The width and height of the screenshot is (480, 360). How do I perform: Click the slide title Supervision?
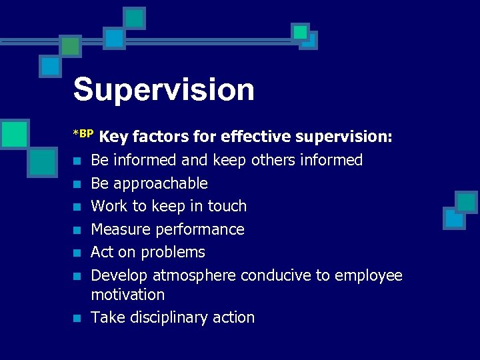point(163,90)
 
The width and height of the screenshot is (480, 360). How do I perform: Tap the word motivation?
point(127,295)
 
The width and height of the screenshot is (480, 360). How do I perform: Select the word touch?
point(227,206)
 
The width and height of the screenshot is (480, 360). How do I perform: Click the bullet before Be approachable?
point(78,184)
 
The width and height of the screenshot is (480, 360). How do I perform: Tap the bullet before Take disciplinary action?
point(78,318)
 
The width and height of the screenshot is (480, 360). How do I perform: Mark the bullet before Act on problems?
point(78,253)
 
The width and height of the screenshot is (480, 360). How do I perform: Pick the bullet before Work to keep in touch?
point(78,207)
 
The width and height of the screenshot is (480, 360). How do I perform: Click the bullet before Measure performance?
point(78,230)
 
